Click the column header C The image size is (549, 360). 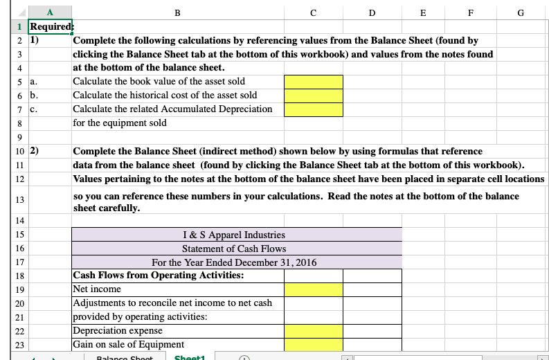(314, 11)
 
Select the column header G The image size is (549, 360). (521, 11)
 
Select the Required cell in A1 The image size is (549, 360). (49, 26)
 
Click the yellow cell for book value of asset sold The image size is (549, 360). (314, 82)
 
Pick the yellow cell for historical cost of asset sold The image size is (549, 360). (314, 96)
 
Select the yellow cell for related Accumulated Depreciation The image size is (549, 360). (314, 109)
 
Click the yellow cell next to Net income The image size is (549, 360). (314, 289)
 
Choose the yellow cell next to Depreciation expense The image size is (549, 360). (314, 331)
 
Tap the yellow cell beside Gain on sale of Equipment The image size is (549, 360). (314, 345)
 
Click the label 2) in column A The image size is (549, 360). (34, 151)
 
